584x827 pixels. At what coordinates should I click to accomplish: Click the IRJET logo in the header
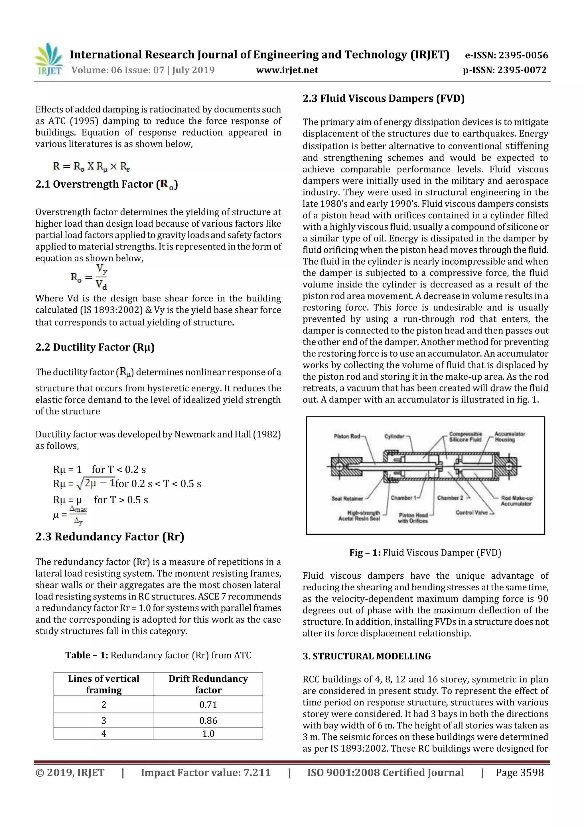coord(49,60)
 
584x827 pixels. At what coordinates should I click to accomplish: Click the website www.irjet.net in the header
coord(287,70)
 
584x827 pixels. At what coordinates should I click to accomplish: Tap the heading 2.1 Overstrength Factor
coord(107,184)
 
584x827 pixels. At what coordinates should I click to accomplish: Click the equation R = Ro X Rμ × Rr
coord(92,166)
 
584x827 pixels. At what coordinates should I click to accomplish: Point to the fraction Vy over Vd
coord(101,277)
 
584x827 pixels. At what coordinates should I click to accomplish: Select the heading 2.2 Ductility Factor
coord(95,347)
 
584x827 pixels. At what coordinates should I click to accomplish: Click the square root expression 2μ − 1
coord(96,483)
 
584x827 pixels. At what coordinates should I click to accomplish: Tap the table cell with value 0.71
coord(208,705)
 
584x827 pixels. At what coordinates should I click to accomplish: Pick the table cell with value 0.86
coord(208,721)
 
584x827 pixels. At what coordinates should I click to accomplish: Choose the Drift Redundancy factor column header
coord(208,684)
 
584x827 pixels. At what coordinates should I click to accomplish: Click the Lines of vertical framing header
coord(104,684)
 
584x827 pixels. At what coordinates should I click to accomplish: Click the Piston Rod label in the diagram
coord(346,436)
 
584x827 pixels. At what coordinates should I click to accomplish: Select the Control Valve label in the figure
coord(472,512)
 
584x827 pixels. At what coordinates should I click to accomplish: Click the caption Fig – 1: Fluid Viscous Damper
coord(425,553)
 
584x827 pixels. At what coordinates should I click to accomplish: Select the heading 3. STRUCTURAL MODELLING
coord(366,656)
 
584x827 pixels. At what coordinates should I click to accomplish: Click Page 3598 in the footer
coord(519,772)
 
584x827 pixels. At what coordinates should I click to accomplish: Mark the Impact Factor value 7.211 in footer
coord(206,772)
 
